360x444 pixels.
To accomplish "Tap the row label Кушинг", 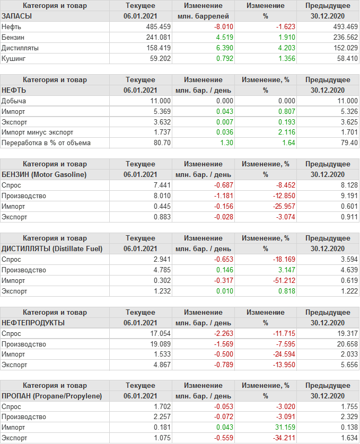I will tap(14, 58).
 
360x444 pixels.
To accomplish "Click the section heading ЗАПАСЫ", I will tap(17, 16).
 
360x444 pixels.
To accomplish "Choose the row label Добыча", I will tap(14, 101).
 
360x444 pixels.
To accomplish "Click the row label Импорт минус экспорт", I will tap(37, 132).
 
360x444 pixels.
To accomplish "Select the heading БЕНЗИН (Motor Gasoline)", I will tap(44, 174).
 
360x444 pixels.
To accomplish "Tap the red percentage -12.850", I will tap(275, 196).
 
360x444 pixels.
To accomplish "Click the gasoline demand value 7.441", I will tap(161, 185).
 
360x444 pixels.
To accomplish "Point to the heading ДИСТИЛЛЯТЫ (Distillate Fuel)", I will tap(52, 248).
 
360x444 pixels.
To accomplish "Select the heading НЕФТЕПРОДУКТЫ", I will tap(33, 323).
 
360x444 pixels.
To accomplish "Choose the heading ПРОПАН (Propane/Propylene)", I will tap(51, 396).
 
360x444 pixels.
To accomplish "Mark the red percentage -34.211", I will tap(275, 438).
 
